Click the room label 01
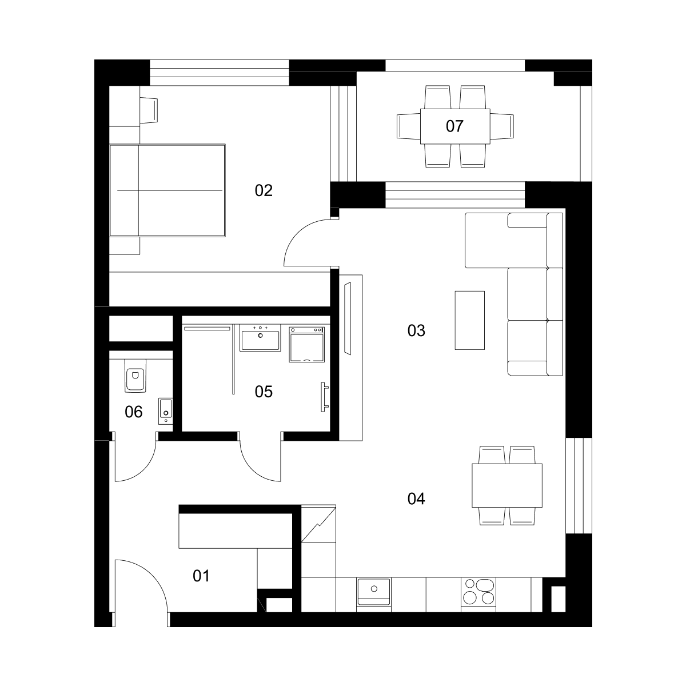tap(201, 576)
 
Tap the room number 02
tap(264, 190)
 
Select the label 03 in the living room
tap(416, 331)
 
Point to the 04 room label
tap(416, 498)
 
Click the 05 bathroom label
tap(264, 392)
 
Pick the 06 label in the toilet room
tap(134, 412)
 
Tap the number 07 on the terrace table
tap(454, 126)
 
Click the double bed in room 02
tap(167, 190)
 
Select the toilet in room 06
tap(135, 376)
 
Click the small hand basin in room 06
tap(166, 411)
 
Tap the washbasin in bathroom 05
tap(260, 338)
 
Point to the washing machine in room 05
tap(307, 345)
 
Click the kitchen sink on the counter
tap(374, 592)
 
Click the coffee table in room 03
tap(469, 320)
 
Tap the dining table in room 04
tap(507, 485)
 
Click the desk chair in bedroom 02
tap(149, 110)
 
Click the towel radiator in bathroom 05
tap(324, 397)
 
